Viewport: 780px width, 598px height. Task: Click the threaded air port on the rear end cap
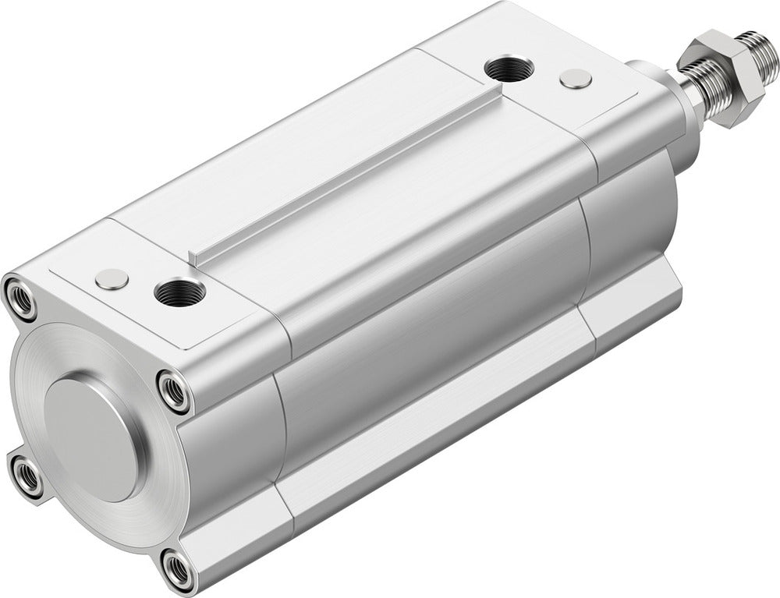point(180,294)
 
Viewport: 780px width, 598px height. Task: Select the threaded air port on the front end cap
point(509,69)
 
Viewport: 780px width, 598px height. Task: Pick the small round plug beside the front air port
point(576,78)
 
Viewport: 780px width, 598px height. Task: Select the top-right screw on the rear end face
point(172,391)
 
